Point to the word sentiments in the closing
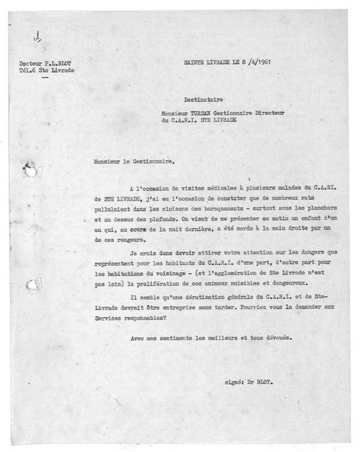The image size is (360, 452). coord(173,339)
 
